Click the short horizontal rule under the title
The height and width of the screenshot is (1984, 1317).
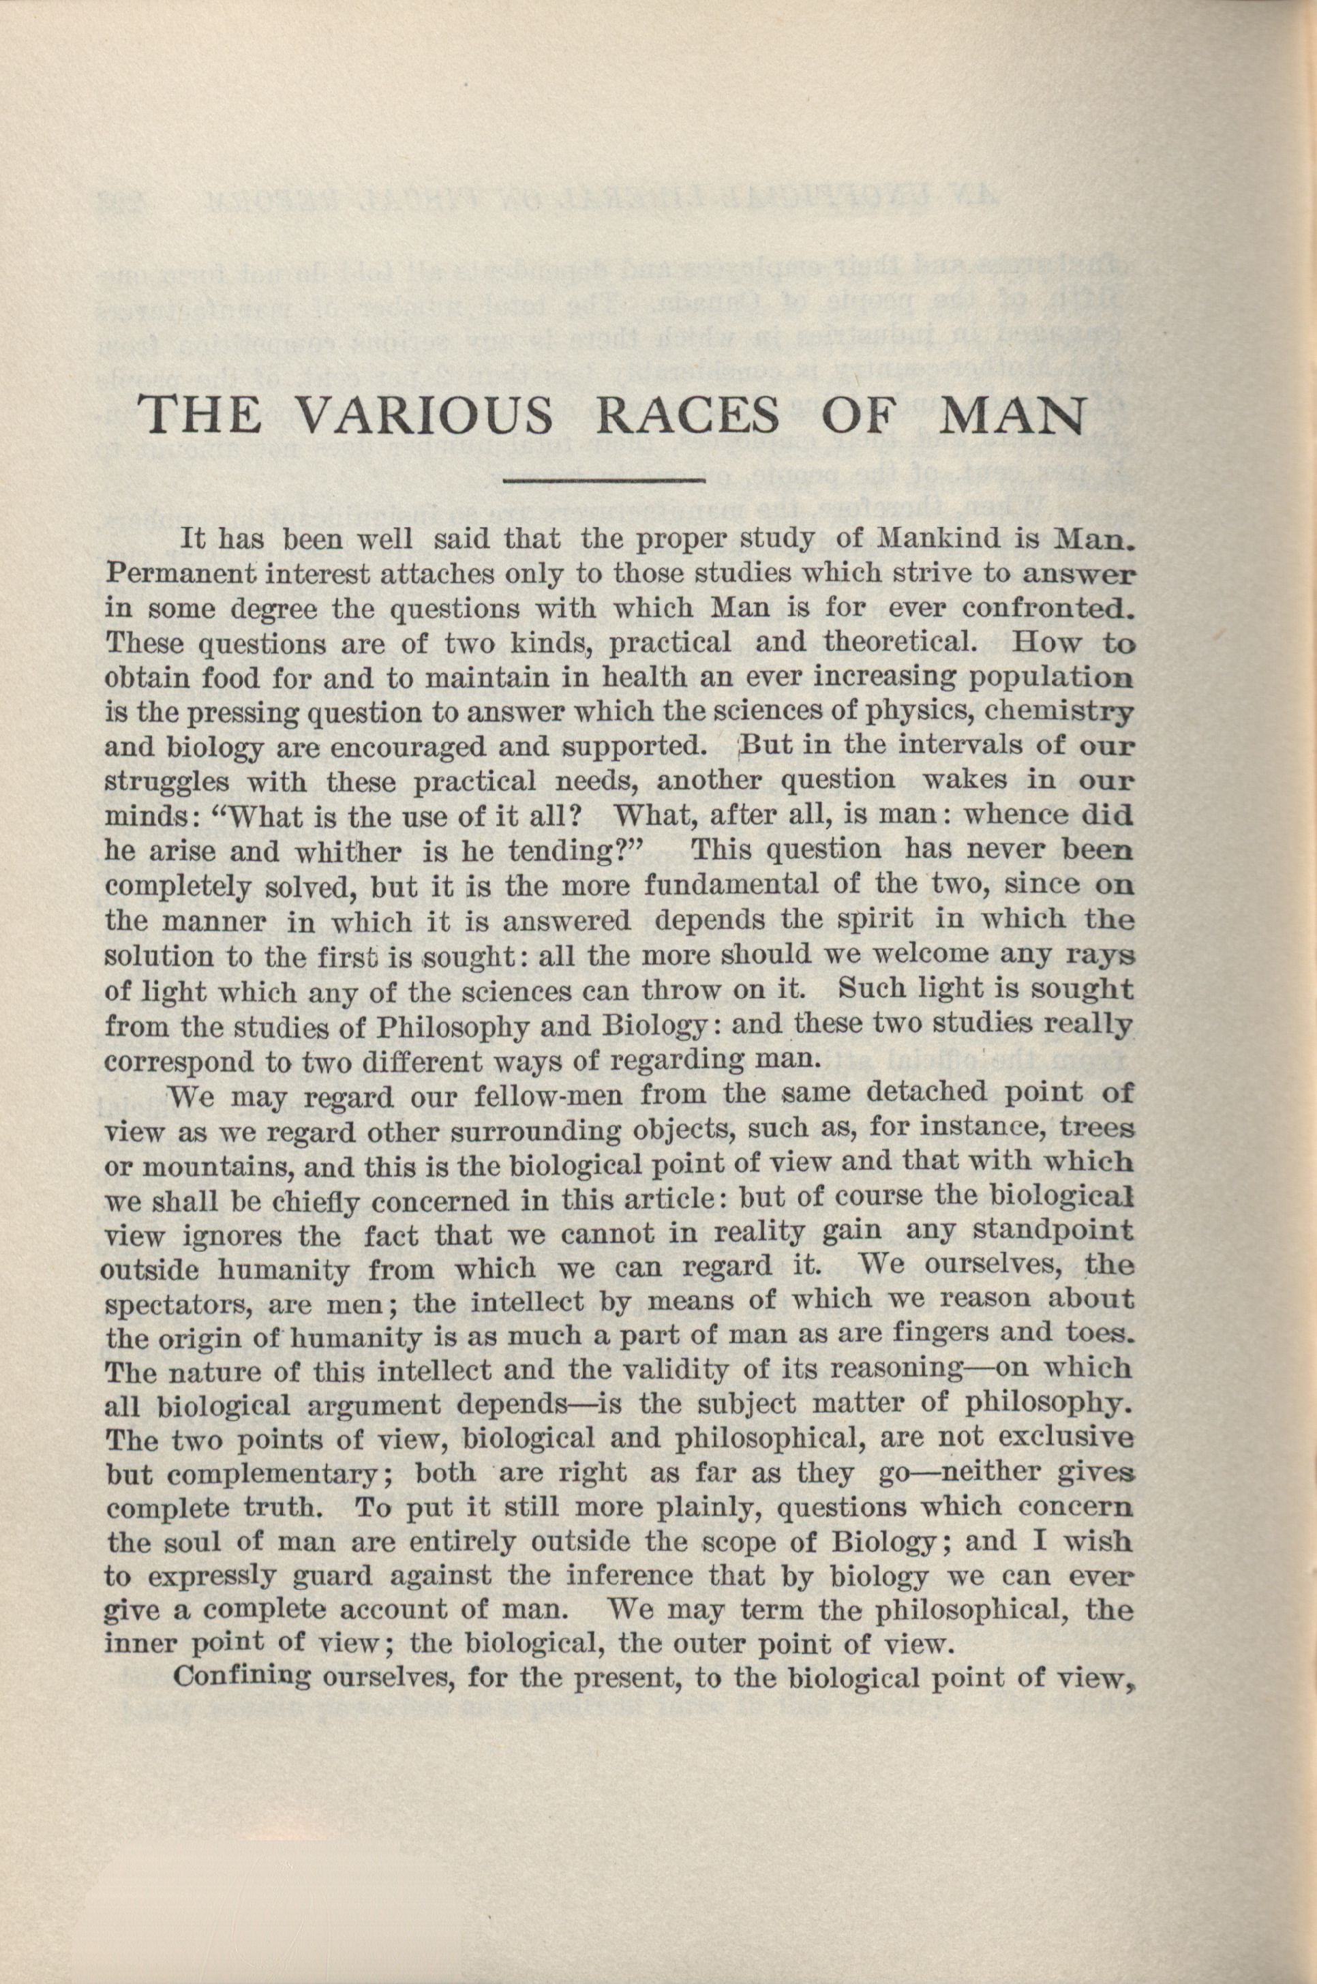(603, 481)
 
